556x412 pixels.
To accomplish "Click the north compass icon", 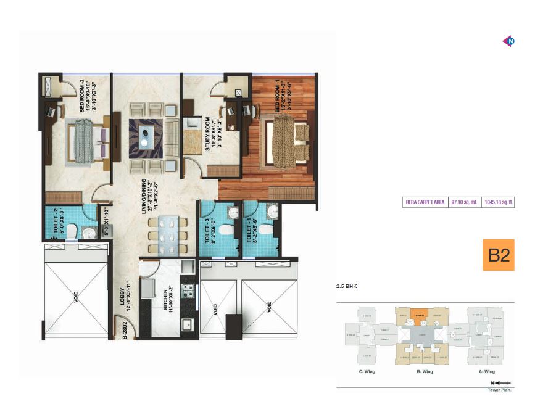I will click(x=510, y=41).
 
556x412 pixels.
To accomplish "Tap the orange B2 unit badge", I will click(x=497, y=255).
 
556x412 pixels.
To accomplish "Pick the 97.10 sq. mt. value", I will click(x=463, y=201).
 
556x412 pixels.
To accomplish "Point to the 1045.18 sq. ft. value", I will click(x=497, y=201).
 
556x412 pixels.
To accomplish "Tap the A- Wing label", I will click(x=487, y=372).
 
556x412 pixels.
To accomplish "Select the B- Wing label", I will click(x=425, y=372).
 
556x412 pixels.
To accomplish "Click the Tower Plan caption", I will click(x=500, y=390).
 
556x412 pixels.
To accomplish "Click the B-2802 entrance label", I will click(x=124, y=331).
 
